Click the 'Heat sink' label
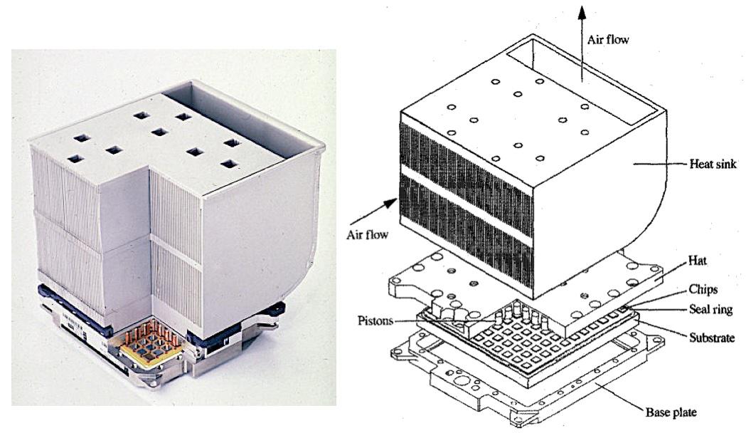[x=713, y=164]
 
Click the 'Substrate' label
[x=712, y=338]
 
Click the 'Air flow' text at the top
[x=609, y=41]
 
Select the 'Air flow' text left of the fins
[x=368, y=234]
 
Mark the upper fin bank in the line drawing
[x=466, y=157]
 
